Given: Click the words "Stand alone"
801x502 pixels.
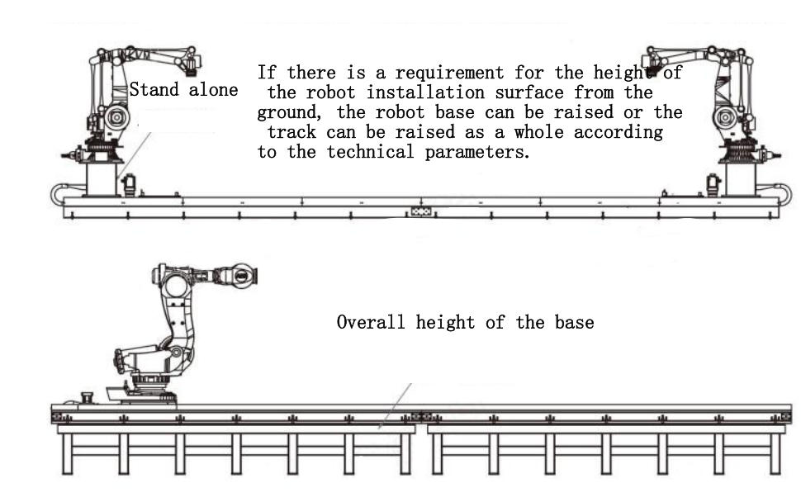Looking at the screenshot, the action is [183, 89].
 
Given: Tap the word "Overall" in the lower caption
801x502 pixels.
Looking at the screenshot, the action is [371, 322].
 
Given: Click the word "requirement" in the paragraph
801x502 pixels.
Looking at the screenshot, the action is [449, 73].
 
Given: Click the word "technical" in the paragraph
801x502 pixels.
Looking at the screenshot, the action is [371, 152].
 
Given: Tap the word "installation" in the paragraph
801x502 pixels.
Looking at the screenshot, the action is [425, 92].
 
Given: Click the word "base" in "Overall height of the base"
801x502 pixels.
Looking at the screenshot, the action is [575, 322].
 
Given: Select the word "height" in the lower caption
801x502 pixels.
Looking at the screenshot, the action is [445, 322].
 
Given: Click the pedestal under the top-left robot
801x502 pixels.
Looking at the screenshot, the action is [101, 178].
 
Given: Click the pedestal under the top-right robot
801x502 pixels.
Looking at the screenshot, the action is [740, 178].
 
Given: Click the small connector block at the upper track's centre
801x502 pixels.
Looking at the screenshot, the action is [421, 211].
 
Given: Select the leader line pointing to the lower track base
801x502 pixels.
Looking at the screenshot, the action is [395, 405].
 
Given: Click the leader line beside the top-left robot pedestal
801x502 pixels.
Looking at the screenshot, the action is [134, 155].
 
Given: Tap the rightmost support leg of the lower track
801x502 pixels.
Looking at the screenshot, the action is [775, 454].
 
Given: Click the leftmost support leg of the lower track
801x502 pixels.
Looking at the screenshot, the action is [68, 454].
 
